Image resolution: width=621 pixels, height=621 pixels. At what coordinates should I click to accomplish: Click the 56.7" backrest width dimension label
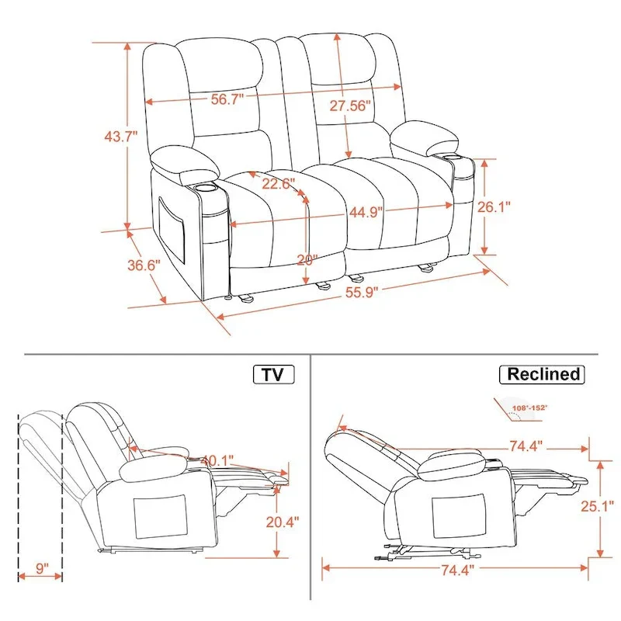pyautogui.click(x=227, y=99)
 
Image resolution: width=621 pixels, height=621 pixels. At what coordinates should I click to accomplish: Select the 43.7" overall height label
pyautogui.click(x=120, y=136)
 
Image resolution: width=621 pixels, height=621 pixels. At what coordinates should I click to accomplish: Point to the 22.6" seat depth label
pyautogui.click(x=277, y=184)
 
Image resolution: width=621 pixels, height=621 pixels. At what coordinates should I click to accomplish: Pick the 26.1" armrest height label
pyautogui.click(x=515, y=207)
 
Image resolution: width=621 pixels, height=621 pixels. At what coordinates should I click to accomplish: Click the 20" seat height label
pyautogui.click(x=307, y=261)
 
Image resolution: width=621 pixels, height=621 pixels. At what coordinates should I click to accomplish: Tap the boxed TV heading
pyautogui.click(x=272, y=374)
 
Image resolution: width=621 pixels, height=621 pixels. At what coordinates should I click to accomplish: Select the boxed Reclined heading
pyautogui.click(x=543, y=374)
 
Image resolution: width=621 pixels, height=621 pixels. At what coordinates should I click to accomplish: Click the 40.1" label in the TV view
pyautogui.click(x=220, y=460)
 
